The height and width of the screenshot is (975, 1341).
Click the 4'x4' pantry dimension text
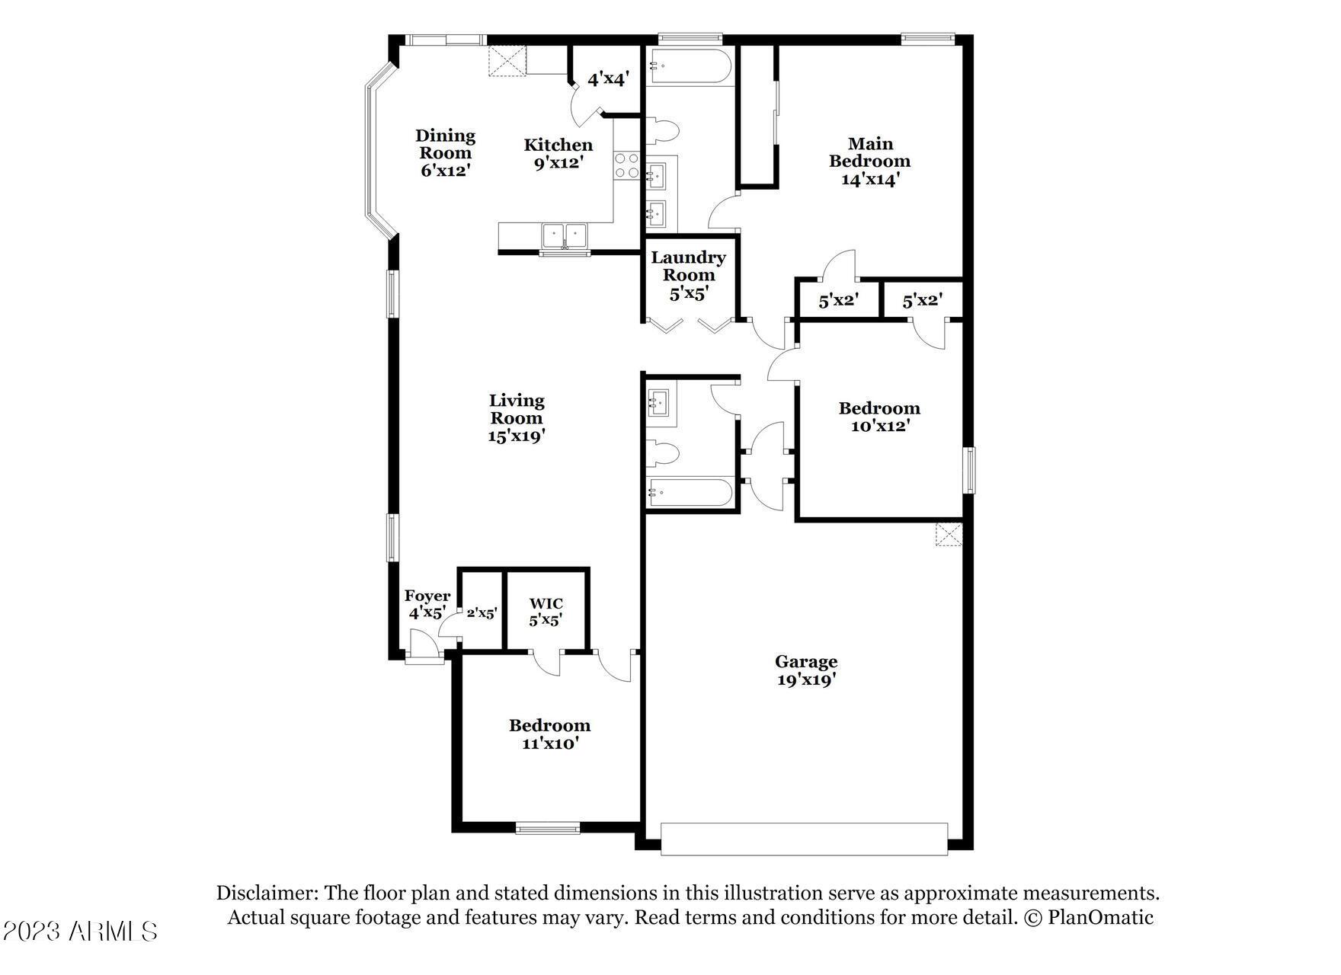tap(607, 78)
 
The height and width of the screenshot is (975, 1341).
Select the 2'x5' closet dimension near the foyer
tap(482, 612)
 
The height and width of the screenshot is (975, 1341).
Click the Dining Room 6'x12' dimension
tap(445, 170)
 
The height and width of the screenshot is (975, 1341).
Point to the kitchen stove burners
tap(627, 165)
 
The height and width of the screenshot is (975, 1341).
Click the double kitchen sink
tap(564, 235)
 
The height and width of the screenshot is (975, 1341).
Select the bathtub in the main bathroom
tap(689, 66)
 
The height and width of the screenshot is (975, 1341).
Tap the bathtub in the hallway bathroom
tap(690, 493)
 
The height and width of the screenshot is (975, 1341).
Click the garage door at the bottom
tap(804, 839)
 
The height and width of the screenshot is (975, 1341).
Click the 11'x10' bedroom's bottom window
tap(548, 828)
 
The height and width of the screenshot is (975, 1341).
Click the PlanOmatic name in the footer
tap(1100, 917)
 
